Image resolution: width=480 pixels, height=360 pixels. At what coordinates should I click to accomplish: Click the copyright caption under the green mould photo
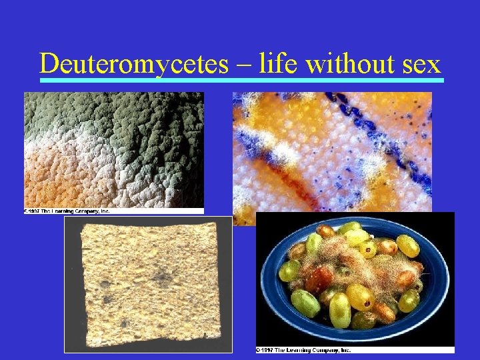(67, 211)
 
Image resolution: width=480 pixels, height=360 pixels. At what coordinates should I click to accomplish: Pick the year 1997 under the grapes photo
(270, 349)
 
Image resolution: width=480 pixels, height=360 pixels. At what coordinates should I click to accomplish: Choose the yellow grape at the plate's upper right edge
(407, 245)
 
